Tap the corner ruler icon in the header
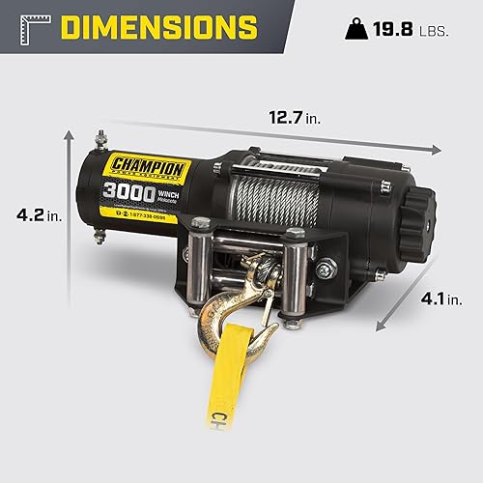coord(25,26)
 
